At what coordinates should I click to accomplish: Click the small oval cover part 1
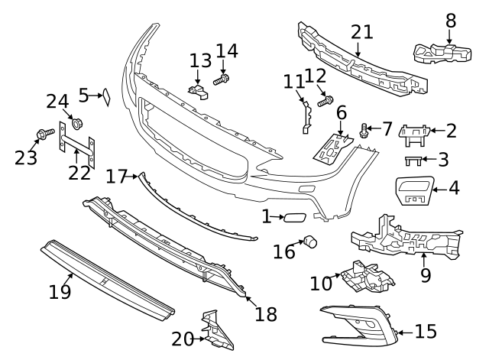pos(293,218)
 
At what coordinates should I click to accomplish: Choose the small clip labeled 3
pos(413,161)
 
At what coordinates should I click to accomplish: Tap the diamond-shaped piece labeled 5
pos(108,96)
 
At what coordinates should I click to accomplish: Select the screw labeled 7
pos(364,131)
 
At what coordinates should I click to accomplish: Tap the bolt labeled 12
pos(328,99)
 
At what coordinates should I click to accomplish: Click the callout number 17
pos(116,177)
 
